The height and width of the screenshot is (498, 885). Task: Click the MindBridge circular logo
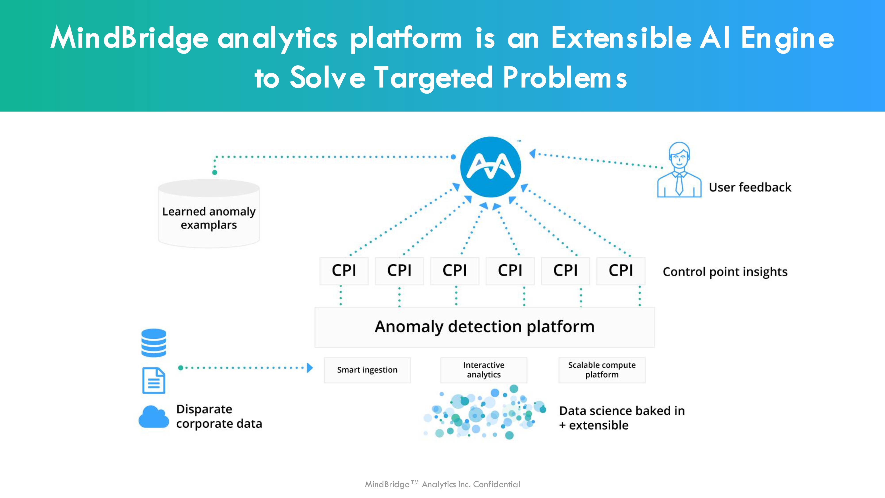pos(491,167)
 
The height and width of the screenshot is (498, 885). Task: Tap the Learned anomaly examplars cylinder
pos(209,213)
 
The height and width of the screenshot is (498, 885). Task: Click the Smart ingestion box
pos(367,370)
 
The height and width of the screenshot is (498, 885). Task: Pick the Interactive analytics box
pos(484,370)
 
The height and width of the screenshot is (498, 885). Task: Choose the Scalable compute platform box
pos(602,370)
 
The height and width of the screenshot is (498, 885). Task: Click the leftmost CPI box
pos(344,271)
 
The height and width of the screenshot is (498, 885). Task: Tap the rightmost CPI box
pos(621,271)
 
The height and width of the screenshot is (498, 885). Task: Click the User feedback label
pos(750,187)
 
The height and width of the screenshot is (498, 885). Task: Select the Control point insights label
pos(725,272)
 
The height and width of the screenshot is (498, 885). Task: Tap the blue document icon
pos(154,380)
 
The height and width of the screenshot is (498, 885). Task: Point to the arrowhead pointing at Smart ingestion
pos(310,368)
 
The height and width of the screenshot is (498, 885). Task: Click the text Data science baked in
pos(622,411)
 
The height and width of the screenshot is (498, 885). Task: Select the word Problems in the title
pos(565,77)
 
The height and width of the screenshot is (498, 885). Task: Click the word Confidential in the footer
pos(496,484)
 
